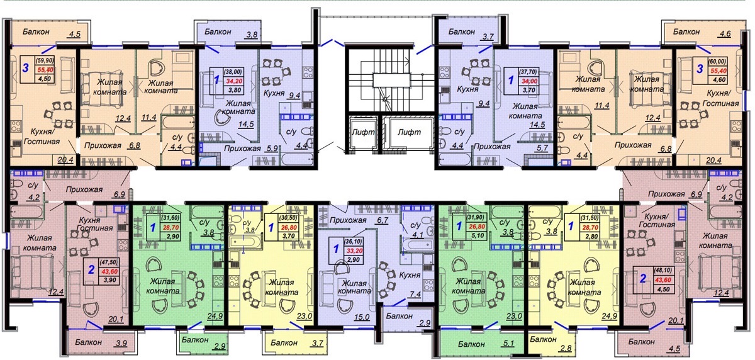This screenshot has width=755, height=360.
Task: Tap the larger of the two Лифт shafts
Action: pyautogui.click(x=409, y=132)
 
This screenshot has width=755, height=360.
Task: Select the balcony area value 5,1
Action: pyautogui.click(x=508, y=344)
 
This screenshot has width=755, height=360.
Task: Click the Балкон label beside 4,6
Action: pyautogui.click(x=686, y=31)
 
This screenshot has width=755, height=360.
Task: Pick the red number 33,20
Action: pyautogui.click(x=354, y=250)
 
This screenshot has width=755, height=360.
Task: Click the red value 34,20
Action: pyautogui.click(x=233, y=81)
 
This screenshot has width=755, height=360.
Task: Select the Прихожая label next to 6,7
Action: pyautogui.click(x=348, y=220)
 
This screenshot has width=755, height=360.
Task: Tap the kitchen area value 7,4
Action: pyautogui.click(x=415, y=295)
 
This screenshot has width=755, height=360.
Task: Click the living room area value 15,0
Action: pyautogui.click(x=362, y=317)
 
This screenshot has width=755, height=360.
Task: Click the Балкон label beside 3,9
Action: pyautogui.click(x=88, y=342)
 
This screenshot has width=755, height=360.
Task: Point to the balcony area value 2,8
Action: pyautogui.click(x=565, y=347)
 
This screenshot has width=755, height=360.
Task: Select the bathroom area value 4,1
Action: pyautogui.click(x=417, y=235)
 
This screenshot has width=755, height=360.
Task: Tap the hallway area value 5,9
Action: pyautogui.click(x=272, y=148)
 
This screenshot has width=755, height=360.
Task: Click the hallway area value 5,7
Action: pyautogui.click(x=542, y=147)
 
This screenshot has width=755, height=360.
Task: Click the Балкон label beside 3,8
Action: pyautogui.click(x=218, y=31)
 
